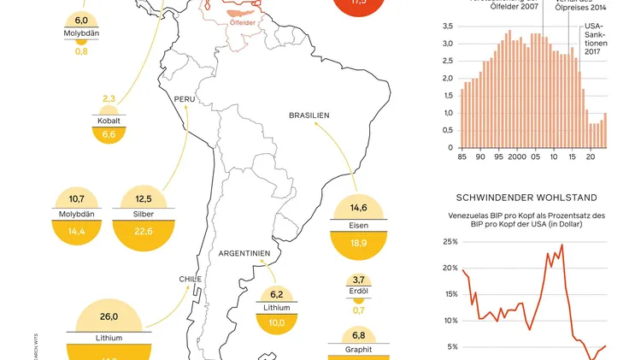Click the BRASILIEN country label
click(x=309, y=115)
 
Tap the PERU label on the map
click(x=186, y=99)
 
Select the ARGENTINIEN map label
click(x=244, y=254)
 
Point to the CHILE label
click(x=190, y=279)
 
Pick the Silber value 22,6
click(x=144, y=231)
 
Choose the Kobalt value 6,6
click(x=109, y=134)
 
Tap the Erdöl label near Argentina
click(x=359, y=290)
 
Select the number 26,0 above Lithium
click(x=109, y=316)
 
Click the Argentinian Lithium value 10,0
click(x=277, y=323)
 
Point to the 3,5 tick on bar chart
click(x=449, y=27)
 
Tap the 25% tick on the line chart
click(x=450, y=242)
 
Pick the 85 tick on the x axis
click(x=462, y=157)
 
